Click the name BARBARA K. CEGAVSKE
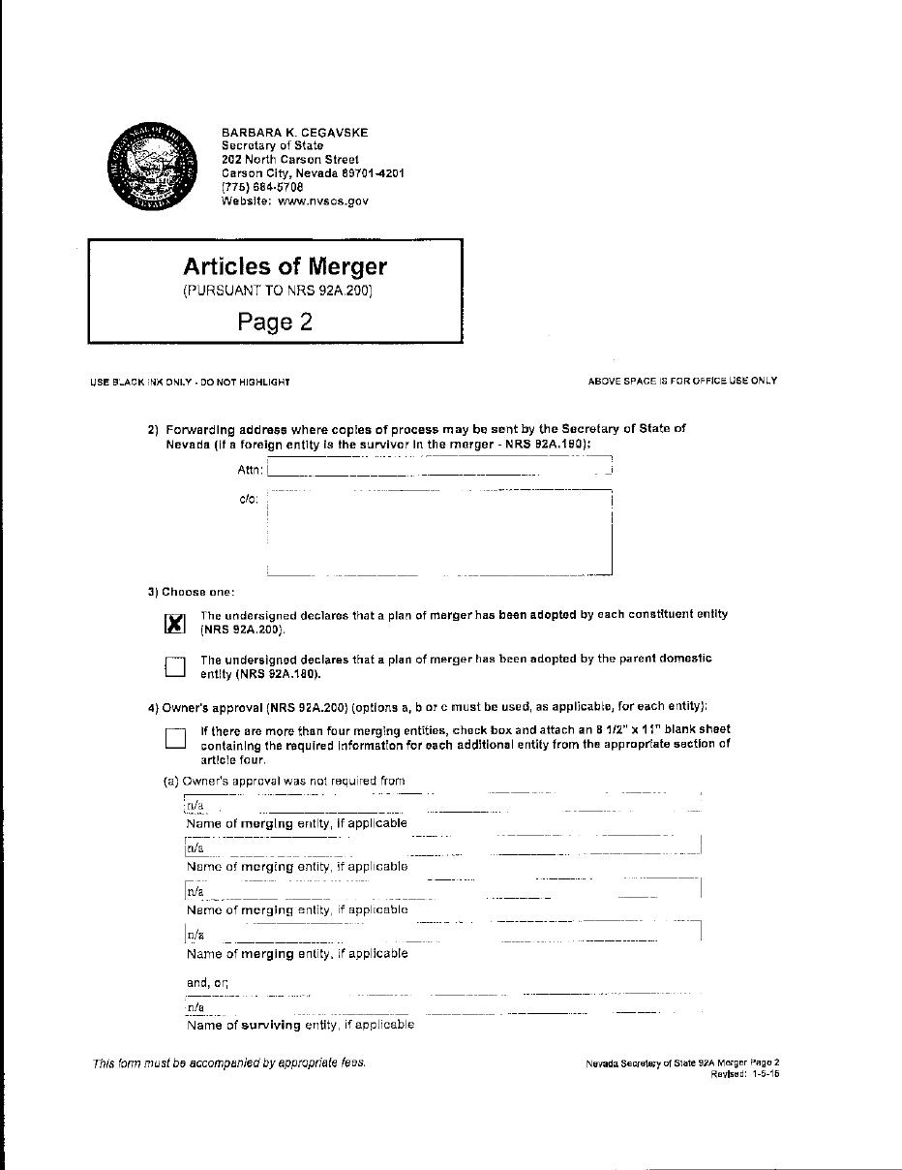[x=294, y=132]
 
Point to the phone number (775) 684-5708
[x=262, y=187]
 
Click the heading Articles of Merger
[x=285, y=266]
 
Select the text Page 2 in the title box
[x=275, y=322]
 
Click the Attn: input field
[x=440, y=469]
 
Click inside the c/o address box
[x=439, y=532]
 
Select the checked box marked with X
[x=175, y=623]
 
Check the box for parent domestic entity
[x=175, y=666]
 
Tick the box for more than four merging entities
[x=175, y=738]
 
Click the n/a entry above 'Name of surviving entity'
[x=195, y=1006]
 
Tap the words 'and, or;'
[x=207, y=983]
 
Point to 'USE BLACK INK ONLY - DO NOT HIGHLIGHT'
[x=190, y=382]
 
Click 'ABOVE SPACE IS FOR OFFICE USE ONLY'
[x=682, y=381]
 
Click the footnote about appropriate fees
[x=229, y=1062]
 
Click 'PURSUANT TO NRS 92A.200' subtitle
[x=278, y=291]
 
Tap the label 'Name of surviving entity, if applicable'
[x=300, y=1025]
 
